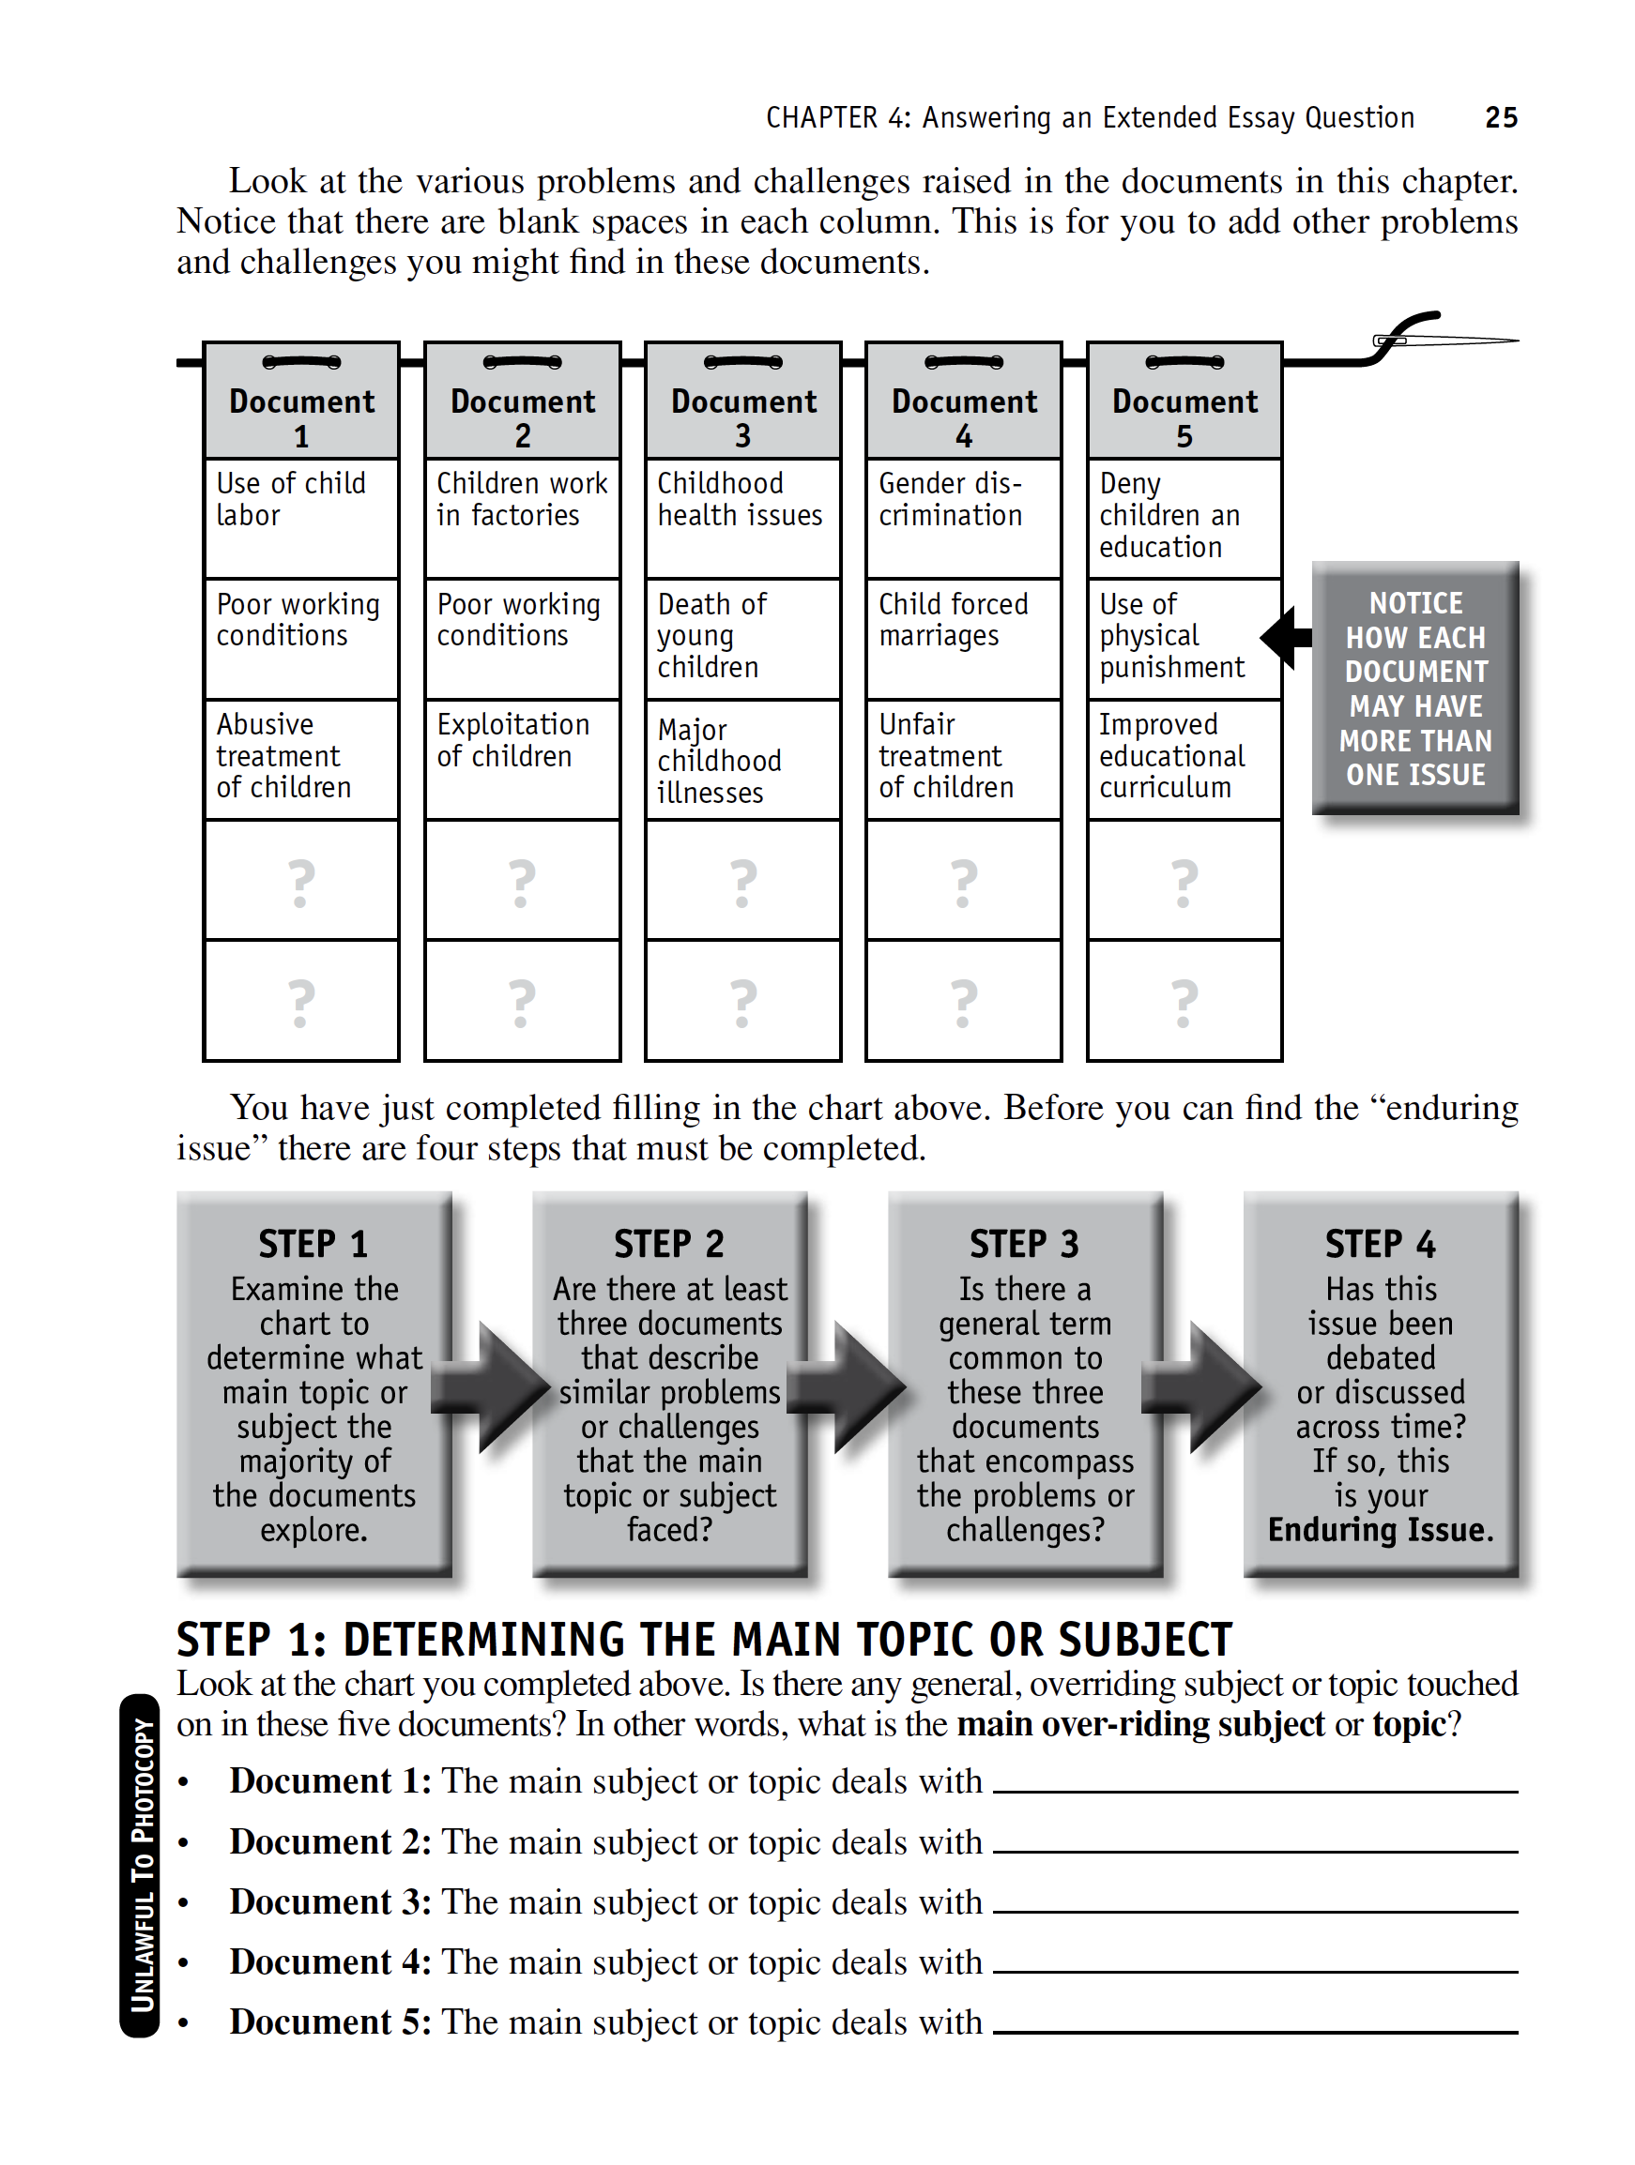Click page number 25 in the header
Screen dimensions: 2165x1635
point(1500,117)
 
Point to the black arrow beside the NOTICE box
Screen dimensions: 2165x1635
point(1287,637)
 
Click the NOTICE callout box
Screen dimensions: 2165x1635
point(1414,689)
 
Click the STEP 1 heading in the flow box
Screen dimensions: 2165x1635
point(313,1244)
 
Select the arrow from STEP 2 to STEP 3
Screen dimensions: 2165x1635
point(848,1385)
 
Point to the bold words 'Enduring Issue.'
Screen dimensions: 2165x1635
point(1381,1529)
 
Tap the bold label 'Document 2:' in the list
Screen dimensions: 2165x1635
point(330,1842)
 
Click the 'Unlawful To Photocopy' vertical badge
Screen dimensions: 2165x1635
point(141,1866)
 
